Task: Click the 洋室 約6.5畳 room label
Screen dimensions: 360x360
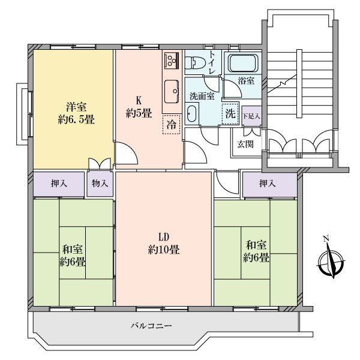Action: click(x=76, y=113)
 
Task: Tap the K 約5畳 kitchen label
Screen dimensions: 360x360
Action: click(x=139, y=107)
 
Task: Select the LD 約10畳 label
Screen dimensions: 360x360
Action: click(x=164, y=244)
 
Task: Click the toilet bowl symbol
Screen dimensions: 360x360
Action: click(x=193, y=62)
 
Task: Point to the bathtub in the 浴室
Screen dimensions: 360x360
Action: click(x=243, y=63)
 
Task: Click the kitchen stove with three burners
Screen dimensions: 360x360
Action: click(x=172, y=60)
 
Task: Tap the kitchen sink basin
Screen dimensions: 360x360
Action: click(x=172, y=91)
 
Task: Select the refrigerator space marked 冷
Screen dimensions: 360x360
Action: click(x=171, y=125)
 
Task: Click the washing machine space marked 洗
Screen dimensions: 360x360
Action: click(x=230, y=113)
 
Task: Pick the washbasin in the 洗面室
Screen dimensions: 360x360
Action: click(x=192, y=113)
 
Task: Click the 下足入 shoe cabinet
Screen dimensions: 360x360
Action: click(x=251, y=116)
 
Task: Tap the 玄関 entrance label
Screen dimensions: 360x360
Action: click(x=245, y=144)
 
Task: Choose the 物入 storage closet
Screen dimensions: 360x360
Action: click(x=100, y=184)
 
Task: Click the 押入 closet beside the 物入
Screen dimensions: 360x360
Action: click(x=59, y=184)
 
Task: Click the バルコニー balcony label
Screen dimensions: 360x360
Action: click(x=151, y=326)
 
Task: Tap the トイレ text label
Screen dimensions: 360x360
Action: click(x=212, y=62)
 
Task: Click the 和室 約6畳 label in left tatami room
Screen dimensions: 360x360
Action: click(x=73, y=256)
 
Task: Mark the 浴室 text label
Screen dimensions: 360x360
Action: click(x=246, y=80)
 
